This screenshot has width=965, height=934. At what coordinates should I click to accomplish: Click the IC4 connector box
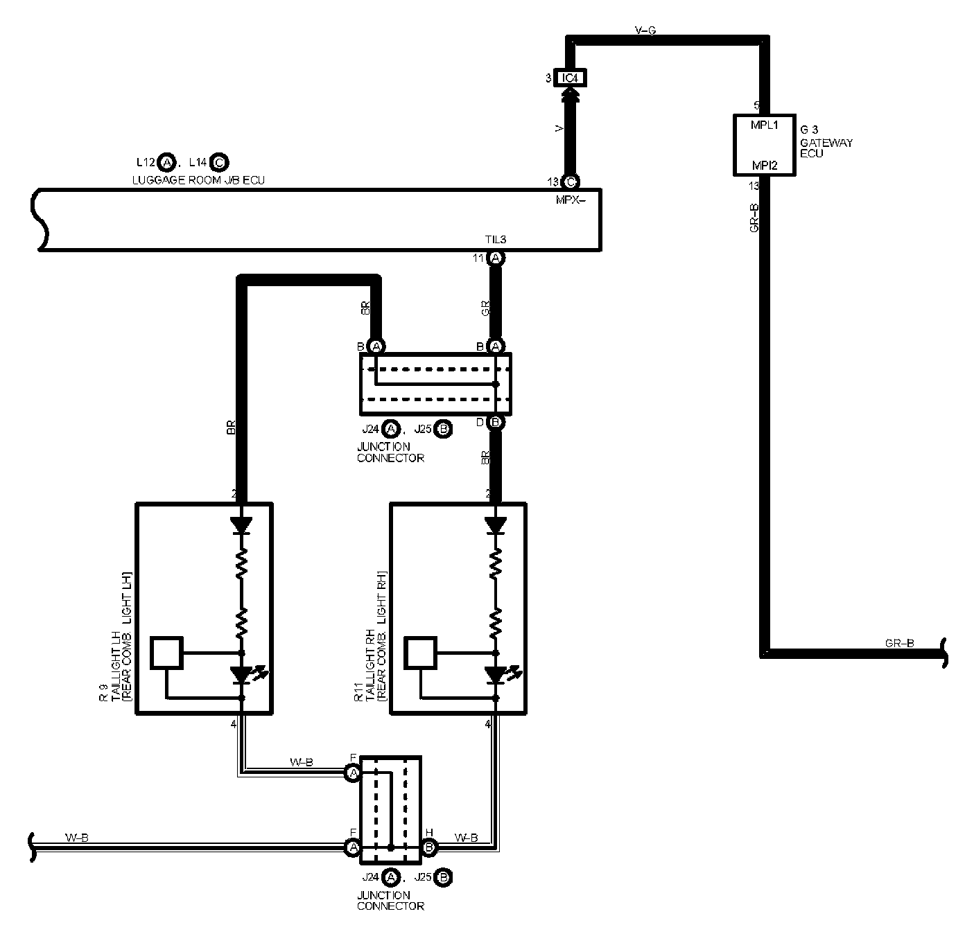tap(569, 78)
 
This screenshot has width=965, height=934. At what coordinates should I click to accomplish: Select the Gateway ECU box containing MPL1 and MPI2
tap(765, 145)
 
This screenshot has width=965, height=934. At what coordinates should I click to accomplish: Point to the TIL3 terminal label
tap(496, 240)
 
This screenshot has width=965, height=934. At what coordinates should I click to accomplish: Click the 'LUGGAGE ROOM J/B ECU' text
tap(198, 180)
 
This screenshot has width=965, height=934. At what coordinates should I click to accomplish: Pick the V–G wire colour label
tap(645, 30)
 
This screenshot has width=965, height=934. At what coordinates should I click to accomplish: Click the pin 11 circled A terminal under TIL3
tap(496, 258)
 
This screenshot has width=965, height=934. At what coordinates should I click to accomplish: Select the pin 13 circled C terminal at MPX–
tap(571, 182)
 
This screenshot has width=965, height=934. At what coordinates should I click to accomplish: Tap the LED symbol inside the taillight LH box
tap(243, 674)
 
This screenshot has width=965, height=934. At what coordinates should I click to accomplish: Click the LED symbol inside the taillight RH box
tap(496, 674)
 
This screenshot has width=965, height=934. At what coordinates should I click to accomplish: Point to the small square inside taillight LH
tap(166, 653)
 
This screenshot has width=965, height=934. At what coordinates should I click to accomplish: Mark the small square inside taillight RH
tap(420, 653)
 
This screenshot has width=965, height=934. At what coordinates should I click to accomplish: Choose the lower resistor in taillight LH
tap(242, 624)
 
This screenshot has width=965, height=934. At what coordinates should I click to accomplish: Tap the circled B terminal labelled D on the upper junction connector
tap(496, 422)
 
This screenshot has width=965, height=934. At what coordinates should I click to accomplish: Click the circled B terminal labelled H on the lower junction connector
tap(429, 846)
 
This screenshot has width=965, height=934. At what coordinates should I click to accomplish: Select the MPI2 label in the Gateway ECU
tap(765, 166)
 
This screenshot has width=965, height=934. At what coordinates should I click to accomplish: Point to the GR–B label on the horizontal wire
tap(899, 643)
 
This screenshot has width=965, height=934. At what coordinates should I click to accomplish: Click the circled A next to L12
tap(166, 163)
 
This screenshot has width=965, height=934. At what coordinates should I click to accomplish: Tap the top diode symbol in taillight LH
tap(242, 525)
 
